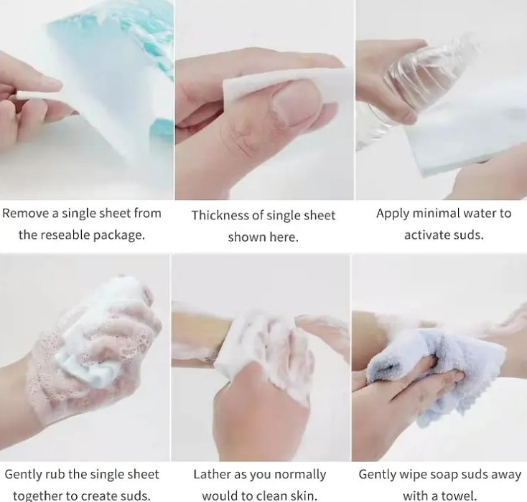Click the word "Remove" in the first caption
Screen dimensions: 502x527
(x=24, y=213)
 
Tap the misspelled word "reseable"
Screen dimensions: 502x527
(x=71, y=235)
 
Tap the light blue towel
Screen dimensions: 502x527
(x=416, y=366)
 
